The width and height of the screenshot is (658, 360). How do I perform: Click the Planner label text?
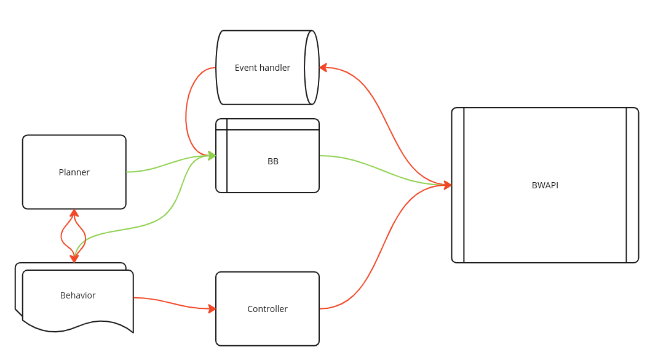click(x=74, y=172)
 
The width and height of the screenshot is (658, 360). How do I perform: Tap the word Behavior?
click(x=77, y=295)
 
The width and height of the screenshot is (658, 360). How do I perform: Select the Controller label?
click(x=267, y=309)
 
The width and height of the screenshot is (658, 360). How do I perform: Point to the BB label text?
click(x=272, y=161)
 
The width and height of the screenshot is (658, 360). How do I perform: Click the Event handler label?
click(x=262, y=68)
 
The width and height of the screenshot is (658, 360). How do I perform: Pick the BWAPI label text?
click(x=545, y=185)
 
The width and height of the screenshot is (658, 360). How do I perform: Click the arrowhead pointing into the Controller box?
click(x=212, y=308)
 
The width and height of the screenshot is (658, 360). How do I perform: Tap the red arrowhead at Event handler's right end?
click(x=323, y=68)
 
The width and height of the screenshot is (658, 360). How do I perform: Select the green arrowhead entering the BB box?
click(x=212, y=156)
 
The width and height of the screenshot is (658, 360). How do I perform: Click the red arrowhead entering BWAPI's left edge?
click(x=448, y=185)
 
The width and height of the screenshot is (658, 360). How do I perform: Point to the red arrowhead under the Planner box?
click(x=74, y=213)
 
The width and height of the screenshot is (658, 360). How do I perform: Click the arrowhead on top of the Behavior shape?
click(x=74, y=258)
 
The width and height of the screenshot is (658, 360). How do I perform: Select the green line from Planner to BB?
click(x=166, y=164)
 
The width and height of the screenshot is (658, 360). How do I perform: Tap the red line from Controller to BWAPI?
click(x=381, y=246)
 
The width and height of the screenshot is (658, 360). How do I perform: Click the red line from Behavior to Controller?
click(x=172, y=302)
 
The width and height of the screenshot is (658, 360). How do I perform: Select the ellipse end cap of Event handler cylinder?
click(x=312, y=68)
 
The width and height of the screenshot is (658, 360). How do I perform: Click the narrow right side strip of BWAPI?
click(x=632, y=185)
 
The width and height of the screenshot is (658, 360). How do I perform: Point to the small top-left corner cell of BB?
click(x=221, y=124)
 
